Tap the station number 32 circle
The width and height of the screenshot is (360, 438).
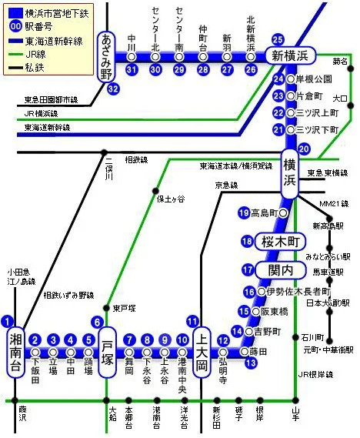coord(114,89)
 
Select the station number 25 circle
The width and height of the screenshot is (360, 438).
coord(278,40)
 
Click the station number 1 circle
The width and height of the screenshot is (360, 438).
coord(8,322)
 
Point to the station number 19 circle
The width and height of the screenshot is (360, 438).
coord(245,212)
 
